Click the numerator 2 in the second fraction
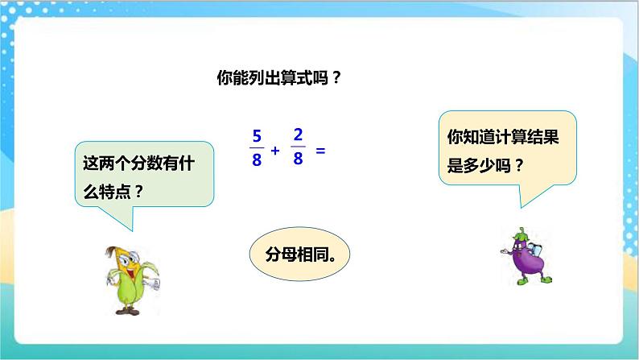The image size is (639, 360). point(297,134)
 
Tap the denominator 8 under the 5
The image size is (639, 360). point(257,159)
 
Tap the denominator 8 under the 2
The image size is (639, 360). point(297,159)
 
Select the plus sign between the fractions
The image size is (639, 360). point(276,150)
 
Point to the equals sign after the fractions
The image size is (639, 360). point(319,150)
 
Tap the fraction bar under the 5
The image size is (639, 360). point(257,147)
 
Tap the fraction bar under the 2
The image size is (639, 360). point(297,147)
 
